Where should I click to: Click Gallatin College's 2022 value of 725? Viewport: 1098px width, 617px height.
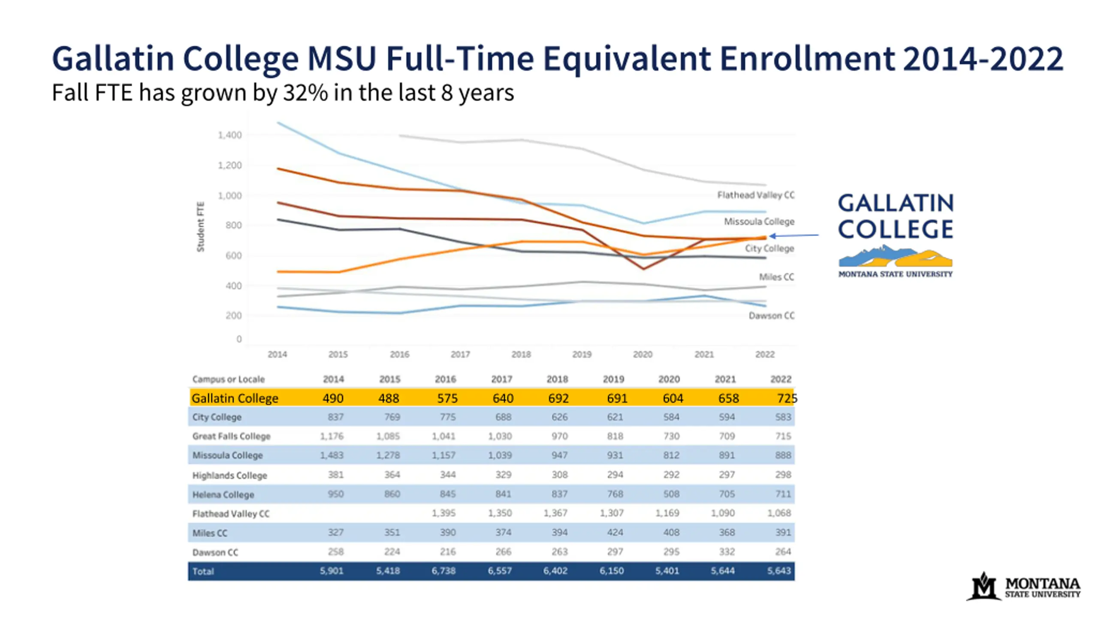pos(786,398)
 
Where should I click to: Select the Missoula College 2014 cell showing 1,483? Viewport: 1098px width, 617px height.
pos(332,455)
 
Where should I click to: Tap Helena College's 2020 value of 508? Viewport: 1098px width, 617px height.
pos(671,494)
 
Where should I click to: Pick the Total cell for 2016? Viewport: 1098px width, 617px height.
pos(443,571)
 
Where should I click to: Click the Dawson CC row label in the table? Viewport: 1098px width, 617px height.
pos(215,552)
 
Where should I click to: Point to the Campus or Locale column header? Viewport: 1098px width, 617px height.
pos(228,379)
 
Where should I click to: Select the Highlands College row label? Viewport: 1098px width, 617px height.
pos(229,475)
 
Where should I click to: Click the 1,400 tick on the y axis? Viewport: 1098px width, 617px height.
pos(230,135)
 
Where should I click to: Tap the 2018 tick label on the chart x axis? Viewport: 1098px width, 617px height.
pos(521,354)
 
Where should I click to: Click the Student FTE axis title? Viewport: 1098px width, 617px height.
pos(200,227)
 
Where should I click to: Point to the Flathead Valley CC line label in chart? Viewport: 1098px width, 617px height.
pos(756,195)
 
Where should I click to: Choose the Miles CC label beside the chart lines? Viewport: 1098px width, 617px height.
pos(776,277)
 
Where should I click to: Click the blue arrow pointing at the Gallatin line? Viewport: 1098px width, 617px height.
pos(793,235)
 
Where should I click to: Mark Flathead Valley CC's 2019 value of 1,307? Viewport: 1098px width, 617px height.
pos(612,513)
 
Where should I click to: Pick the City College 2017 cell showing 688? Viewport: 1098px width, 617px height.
pos(503,417)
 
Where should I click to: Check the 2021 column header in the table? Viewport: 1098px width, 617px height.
pos(725,379)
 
